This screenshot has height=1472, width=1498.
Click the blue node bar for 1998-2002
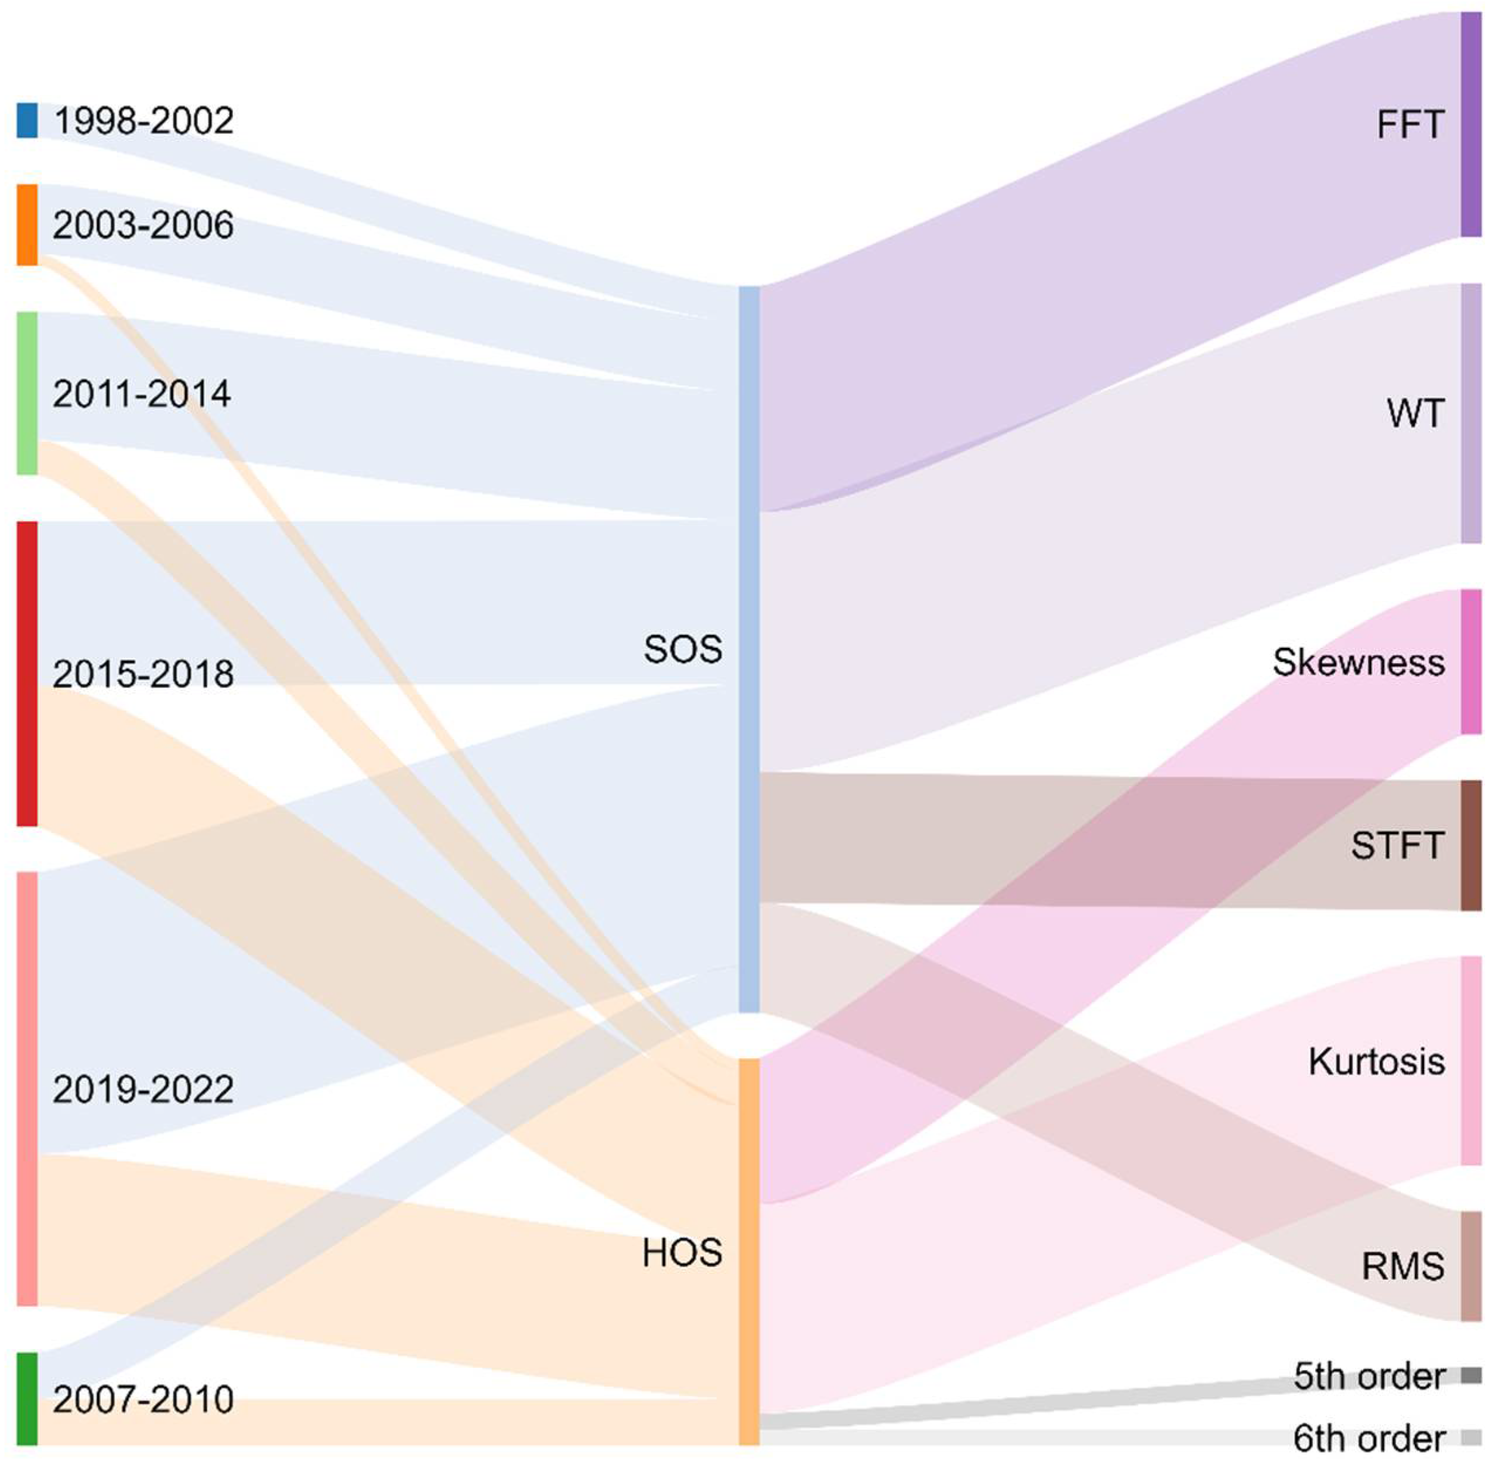(27, 121)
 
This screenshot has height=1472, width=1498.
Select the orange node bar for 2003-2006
(27, 225)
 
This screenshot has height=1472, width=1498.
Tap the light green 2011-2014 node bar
(27, 394)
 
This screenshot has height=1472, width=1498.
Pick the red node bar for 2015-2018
(27, 674)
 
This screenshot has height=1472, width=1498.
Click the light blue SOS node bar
(749, 650)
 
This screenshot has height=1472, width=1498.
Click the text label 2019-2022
(143, 1090)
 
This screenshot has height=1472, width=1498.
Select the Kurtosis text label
(1376, 1061)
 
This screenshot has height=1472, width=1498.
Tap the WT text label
(1414, 414)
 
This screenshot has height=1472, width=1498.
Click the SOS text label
(682, 650)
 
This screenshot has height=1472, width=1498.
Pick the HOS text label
(682, 1252)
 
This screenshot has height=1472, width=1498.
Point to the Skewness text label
(1358, 662)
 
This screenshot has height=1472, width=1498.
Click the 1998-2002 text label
(143, 121)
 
